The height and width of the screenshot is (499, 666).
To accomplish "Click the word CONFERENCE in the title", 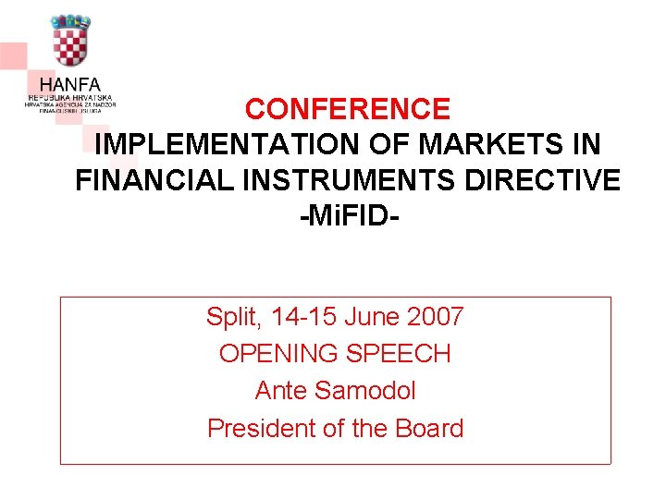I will (348, 109).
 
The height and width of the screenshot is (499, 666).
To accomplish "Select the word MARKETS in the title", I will (477, 145).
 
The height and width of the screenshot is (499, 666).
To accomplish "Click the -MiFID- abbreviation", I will (349, 217).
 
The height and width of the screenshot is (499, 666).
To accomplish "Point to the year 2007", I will (435, 318).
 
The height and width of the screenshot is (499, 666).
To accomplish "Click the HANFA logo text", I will (70, 83).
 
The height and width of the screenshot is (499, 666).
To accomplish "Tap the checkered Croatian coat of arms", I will (70, 42).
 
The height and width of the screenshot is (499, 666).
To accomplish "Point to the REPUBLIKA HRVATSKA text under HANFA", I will (70, 97).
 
